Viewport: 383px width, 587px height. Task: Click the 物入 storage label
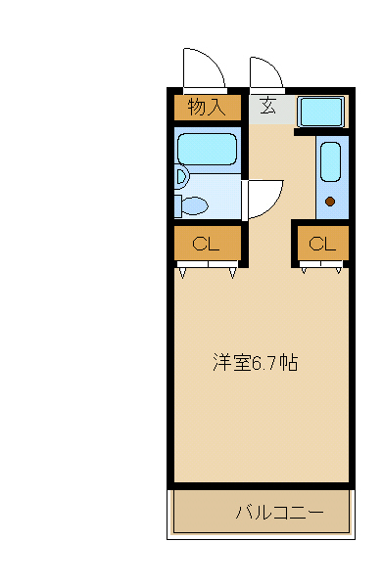tap(206, 107)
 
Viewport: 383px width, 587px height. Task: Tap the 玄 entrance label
tap(267, 106)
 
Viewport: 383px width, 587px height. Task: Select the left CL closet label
tap(205, 244)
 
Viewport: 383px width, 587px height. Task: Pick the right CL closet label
tap(322, 244)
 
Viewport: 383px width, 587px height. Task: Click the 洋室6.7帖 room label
tap(256, 363)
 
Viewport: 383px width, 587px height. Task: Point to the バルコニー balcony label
tap(278, 512)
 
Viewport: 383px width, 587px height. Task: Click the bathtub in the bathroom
tap(207, 150)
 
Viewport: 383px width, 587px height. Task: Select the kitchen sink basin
tap(329, 160)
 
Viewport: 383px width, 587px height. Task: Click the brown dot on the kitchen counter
tap(330, 203)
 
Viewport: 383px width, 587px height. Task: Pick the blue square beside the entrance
tap(319, 112)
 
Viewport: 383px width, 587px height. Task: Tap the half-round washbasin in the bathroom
tap(180, 176)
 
